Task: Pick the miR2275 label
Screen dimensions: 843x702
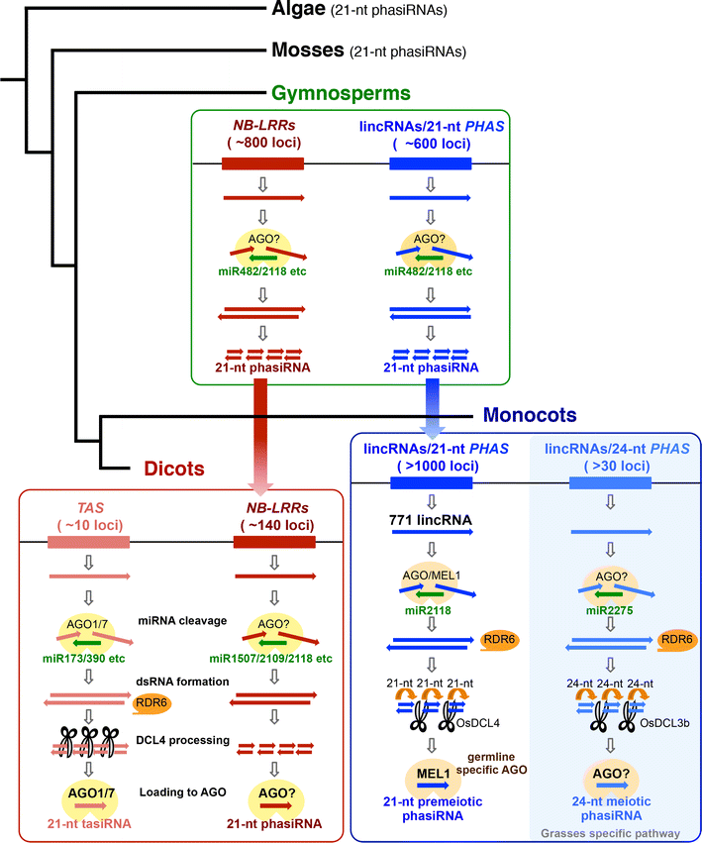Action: click(x=611, y=606)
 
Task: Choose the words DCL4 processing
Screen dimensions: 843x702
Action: click(x=183, y=741)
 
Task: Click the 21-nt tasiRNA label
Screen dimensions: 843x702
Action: click(x=91, y=822)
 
